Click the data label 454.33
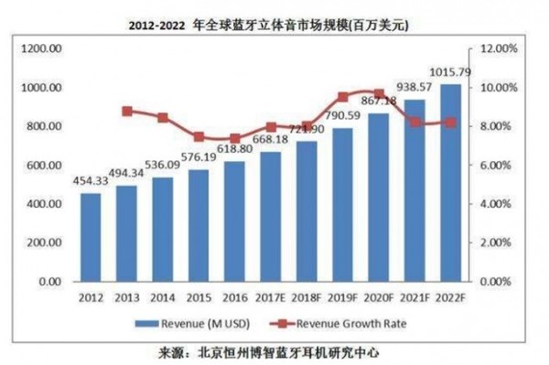coord(91,180)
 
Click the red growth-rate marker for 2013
coord(128,112)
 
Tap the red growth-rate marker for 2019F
coord(343,97)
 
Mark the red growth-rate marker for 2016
coord(236,139)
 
